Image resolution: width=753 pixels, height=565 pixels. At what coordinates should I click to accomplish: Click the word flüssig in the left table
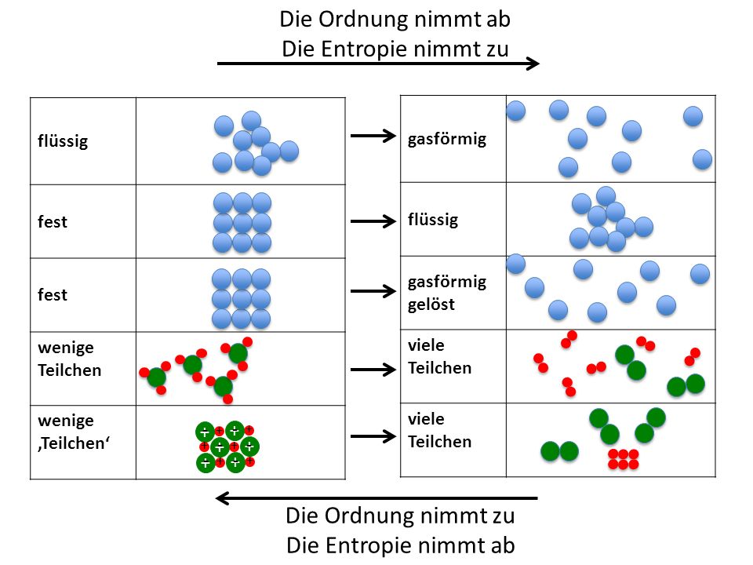(x=63, y=141)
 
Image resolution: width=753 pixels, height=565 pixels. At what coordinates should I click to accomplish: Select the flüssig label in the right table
(x=433, y=220)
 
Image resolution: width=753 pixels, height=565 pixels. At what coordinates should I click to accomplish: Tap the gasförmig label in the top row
(x=446, y=139)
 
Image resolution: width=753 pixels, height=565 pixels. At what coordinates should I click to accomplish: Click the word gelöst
(x=431, y=304)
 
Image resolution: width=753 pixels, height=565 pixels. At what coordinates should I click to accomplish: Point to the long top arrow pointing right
(x=378, y=63)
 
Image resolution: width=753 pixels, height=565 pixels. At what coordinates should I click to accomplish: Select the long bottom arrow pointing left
(x=376, y=498)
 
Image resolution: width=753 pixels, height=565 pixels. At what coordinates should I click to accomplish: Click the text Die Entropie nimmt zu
(x=395, y=49)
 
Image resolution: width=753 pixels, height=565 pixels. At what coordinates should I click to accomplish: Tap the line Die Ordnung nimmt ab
(x=395, y=19)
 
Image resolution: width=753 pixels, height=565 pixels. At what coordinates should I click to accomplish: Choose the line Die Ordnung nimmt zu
(x=400, y=516)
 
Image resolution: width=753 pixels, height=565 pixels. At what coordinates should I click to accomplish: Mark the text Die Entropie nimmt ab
(x=401, y=545)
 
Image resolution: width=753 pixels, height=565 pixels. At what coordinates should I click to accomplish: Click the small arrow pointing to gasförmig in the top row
(x=373, y=136)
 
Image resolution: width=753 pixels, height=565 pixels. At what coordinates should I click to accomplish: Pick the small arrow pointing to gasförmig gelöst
(x=373, y=291)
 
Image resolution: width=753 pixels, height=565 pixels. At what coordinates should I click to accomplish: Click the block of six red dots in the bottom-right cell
(x=624, y=459)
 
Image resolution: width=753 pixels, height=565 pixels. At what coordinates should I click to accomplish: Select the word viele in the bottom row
(x=426, y=419)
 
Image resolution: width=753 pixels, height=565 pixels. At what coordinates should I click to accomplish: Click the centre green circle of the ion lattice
(x=220, y=447)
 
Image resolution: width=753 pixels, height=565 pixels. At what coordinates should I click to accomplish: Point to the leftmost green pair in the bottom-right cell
(x=559, y=452)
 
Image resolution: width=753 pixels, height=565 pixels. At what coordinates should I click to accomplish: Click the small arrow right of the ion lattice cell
(x=373, y=436)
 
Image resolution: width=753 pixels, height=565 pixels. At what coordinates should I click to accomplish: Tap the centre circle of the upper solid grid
(x=242, y=223)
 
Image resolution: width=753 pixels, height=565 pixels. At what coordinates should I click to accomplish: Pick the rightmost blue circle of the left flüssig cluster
(x=289, y=151)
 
